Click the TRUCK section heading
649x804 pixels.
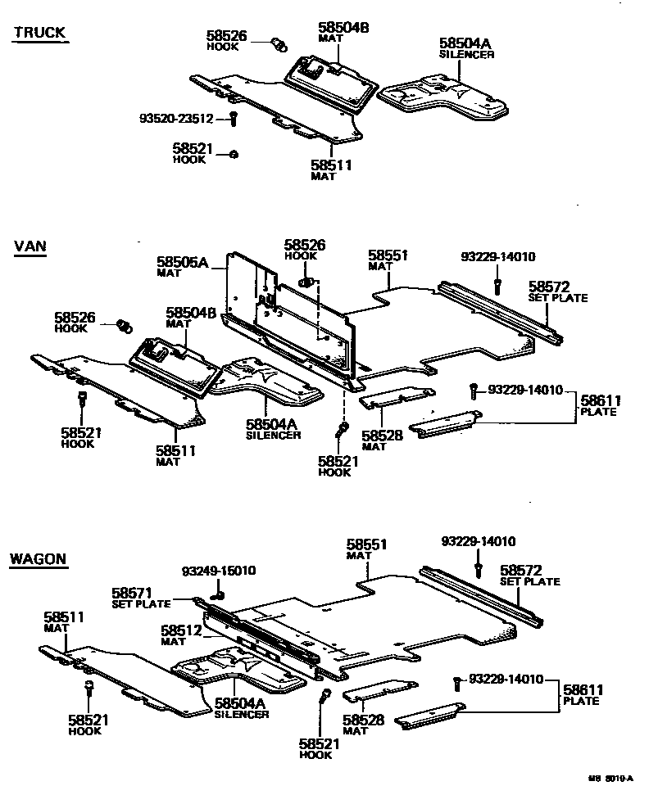click(39, 34)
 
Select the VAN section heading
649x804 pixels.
click(29, 248)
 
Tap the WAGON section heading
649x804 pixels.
click(38, 560)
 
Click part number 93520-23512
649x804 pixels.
click(176, 119)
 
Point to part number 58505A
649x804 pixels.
click(184, 263)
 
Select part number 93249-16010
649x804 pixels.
click(219, 571)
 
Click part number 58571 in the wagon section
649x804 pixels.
click(132, 593)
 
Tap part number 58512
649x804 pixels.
click(181, 630)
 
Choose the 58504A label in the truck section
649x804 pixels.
click(465, 43)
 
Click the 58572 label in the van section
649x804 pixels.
click(549, 287)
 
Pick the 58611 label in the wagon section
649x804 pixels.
click(583, 690)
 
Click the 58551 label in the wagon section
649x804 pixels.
click(367, 544)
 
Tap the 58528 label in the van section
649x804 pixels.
click(382, 436)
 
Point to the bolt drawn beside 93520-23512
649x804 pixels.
click(233, 119)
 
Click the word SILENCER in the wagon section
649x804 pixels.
click(242, 714)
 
